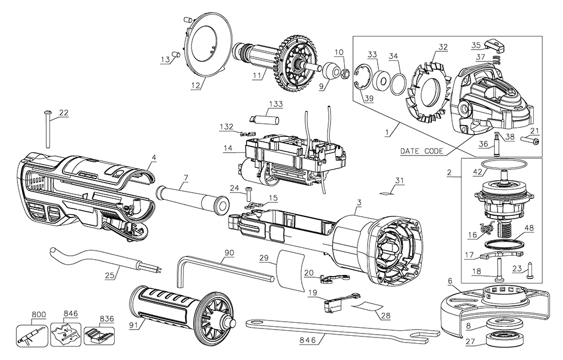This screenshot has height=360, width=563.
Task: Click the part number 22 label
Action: coord(63,113)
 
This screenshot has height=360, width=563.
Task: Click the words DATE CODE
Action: coord(422,151)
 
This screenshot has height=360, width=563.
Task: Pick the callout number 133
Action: coord(276,104)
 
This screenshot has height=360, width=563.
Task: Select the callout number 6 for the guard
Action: coord(449,280)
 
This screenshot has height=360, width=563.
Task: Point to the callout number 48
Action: coord(529,228)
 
